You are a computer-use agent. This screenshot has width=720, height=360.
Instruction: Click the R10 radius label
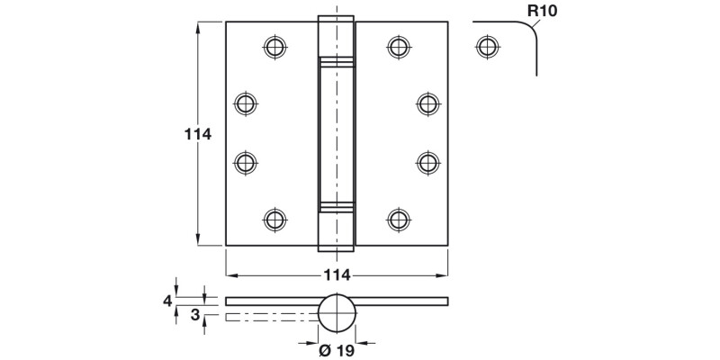point(544,11)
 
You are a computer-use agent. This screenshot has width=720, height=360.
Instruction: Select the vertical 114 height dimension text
point(197,134)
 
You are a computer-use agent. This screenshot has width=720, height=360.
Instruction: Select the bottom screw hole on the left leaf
point(274,219)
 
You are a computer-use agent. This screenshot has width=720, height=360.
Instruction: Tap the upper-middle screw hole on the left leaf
point(245,103)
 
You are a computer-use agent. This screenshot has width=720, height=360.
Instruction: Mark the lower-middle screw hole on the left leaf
point(245,162)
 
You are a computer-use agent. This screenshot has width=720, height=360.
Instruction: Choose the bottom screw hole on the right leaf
point(398,219)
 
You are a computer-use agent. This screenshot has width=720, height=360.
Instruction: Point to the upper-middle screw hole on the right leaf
point(427,103)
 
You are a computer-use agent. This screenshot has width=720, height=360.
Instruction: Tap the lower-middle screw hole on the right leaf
point(427,162)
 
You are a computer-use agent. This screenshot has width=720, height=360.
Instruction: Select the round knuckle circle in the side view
point(337,312)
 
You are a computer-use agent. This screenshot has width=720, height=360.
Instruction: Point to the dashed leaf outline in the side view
point(270,317)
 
